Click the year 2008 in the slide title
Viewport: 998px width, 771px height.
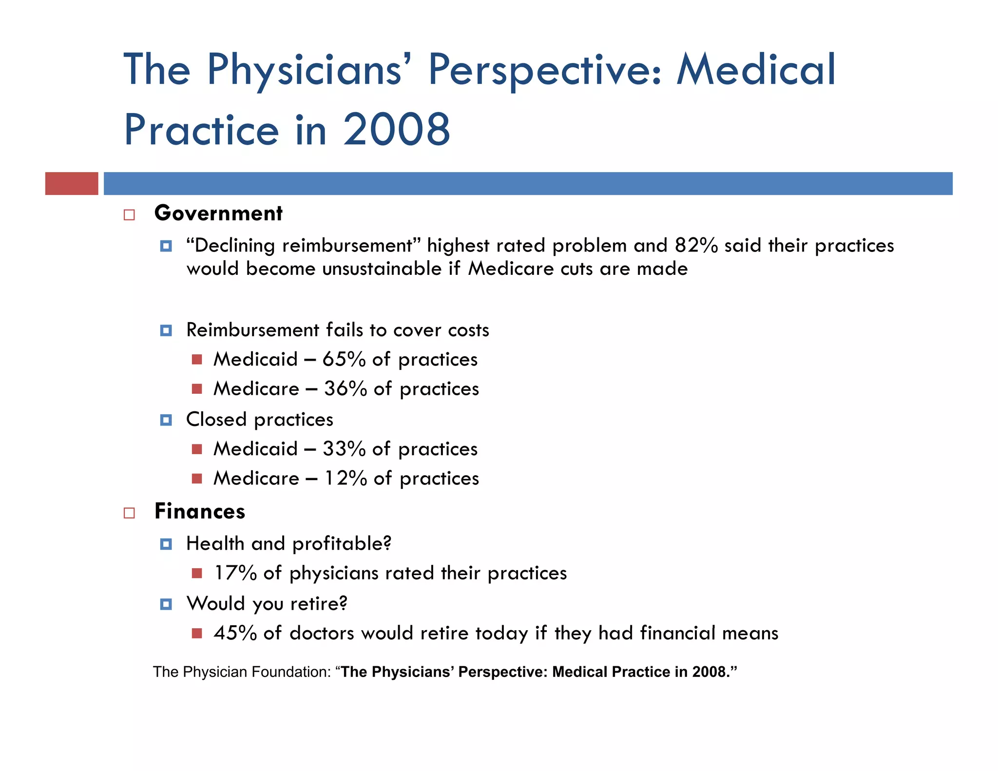(x=397, y=130)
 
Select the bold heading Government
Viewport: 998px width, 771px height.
(x=218, y=213)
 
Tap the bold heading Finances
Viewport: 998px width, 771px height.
(x=200, y=511)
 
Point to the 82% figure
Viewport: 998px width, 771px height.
(x=696, y=245)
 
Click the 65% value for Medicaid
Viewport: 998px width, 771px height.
(x=344, y=359)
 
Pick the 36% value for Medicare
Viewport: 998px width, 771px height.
(x=345, y=388)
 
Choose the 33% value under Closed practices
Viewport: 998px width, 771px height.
(x=344, y=449)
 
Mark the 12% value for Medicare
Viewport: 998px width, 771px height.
(x=345, y=478)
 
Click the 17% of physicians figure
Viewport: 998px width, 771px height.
(x=235, y=573)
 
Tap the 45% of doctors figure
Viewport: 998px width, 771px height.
(x=235, y=633)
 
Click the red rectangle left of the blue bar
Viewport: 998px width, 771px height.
(x=72, y=184)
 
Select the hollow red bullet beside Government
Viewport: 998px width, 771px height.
(x=129, y=215)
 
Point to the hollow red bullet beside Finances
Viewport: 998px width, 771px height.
(x=129, y=513)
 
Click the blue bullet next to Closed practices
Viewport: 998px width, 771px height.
(x=166, y=420)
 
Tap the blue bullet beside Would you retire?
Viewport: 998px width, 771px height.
(x=166, y=604)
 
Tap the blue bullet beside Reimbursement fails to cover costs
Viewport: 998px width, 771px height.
(x=166, y=331)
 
